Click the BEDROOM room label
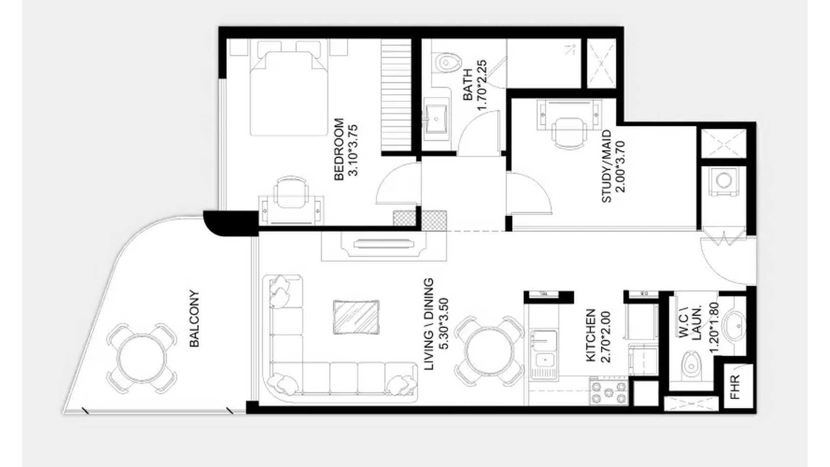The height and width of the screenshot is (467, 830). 339,149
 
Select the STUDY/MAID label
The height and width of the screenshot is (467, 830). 607,166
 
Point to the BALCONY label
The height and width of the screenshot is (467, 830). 195,318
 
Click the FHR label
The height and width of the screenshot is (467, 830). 734,387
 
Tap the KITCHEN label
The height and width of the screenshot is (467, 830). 591,336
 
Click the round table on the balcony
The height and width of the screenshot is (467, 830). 142,358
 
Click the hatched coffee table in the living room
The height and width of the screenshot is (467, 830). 356,317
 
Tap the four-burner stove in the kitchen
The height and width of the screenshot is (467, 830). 609,392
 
